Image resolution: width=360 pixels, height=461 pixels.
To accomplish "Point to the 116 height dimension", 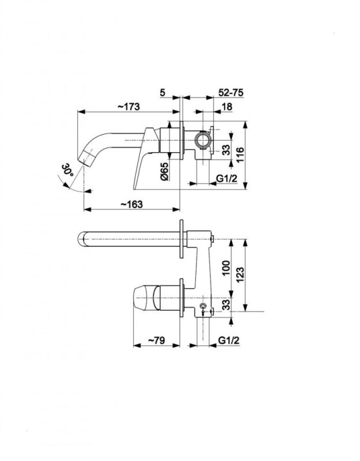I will pos(241,154).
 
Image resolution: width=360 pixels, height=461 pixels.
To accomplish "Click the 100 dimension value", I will pos(226,266).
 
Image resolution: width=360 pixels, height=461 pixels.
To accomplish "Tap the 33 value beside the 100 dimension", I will pos(226,304).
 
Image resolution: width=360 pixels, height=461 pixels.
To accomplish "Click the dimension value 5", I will pos(164,92).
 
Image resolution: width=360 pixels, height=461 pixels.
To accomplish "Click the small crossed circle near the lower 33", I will pos(203,305).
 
